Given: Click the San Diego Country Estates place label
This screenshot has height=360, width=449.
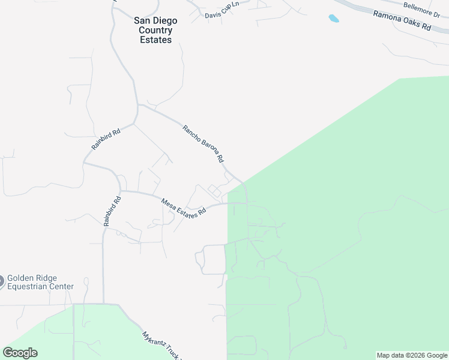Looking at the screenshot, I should (155, 30).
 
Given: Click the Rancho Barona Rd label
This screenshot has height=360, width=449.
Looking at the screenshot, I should (203, 144).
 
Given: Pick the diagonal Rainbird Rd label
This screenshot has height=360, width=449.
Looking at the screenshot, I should (106, 139).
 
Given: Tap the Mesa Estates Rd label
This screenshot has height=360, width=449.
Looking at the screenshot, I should (184, 208).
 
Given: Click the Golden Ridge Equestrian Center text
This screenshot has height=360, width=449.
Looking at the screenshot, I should (40, 282).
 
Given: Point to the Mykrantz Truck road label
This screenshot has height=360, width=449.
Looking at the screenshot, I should (160, 345).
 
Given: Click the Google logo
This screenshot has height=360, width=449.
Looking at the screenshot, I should (20, 353).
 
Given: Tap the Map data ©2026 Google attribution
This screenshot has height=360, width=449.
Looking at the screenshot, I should (412, 355).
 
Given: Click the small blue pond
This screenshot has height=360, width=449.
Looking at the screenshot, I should (333, 19).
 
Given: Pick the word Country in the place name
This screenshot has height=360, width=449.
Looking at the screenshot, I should (155, 30).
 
